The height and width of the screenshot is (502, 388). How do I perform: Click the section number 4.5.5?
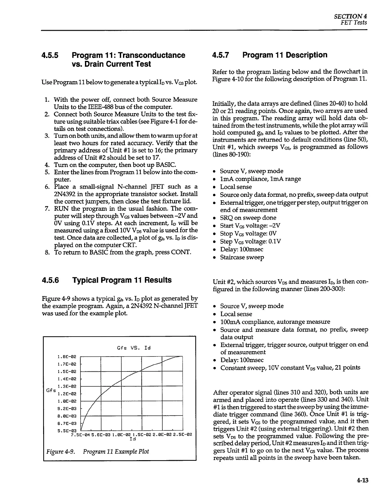pos(50,55)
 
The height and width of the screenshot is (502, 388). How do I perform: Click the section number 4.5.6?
pos(50,280)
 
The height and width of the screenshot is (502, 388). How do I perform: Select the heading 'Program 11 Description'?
pos(285,55)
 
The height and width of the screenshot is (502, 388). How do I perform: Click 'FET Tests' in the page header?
pos(354,23)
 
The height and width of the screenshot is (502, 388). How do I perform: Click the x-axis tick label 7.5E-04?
pos(81,434)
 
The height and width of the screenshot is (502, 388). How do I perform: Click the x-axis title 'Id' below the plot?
pos(133,439)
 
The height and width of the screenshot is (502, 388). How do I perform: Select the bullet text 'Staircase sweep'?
pos(242,257)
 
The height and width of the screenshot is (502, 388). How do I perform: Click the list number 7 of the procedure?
pos(47,209)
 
